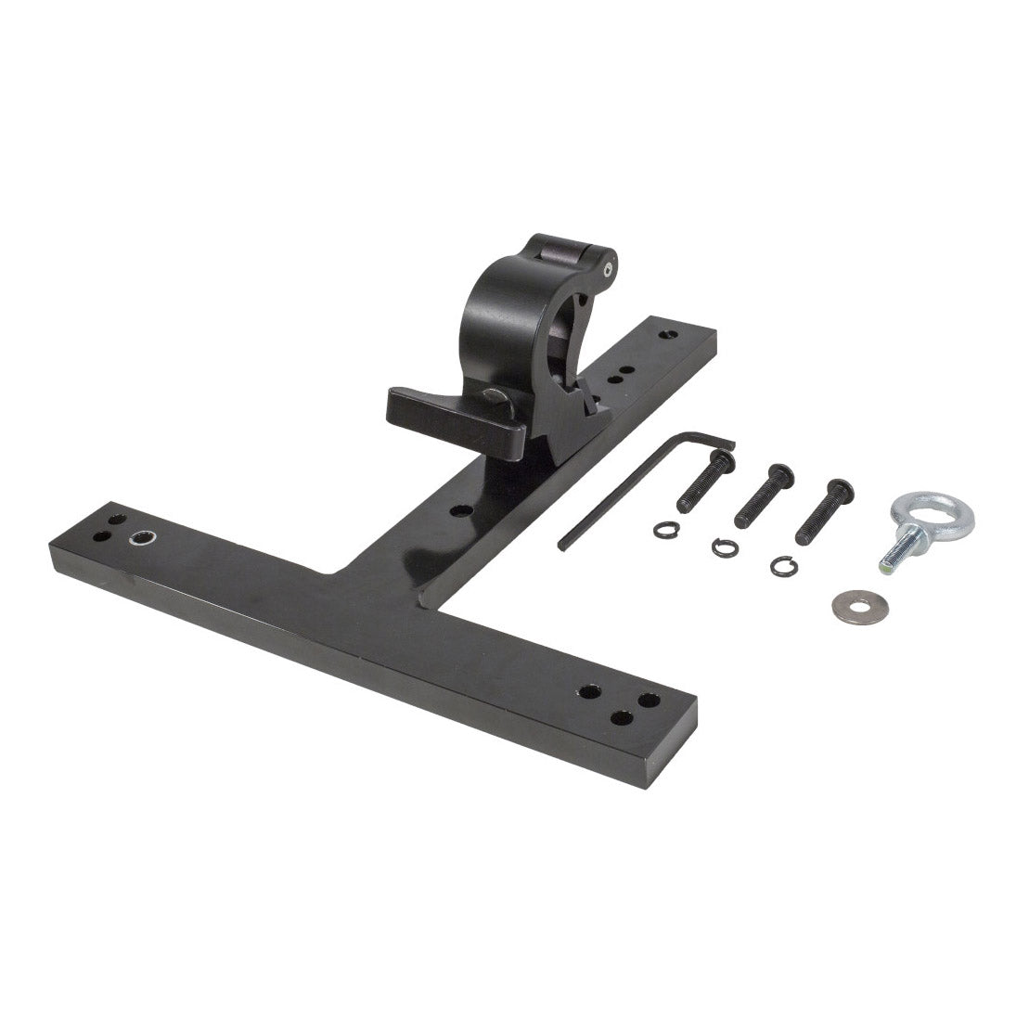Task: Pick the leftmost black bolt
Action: point(700,481)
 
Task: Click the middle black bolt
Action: point(760,497)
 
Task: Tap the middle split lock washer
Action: point(724,547)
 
